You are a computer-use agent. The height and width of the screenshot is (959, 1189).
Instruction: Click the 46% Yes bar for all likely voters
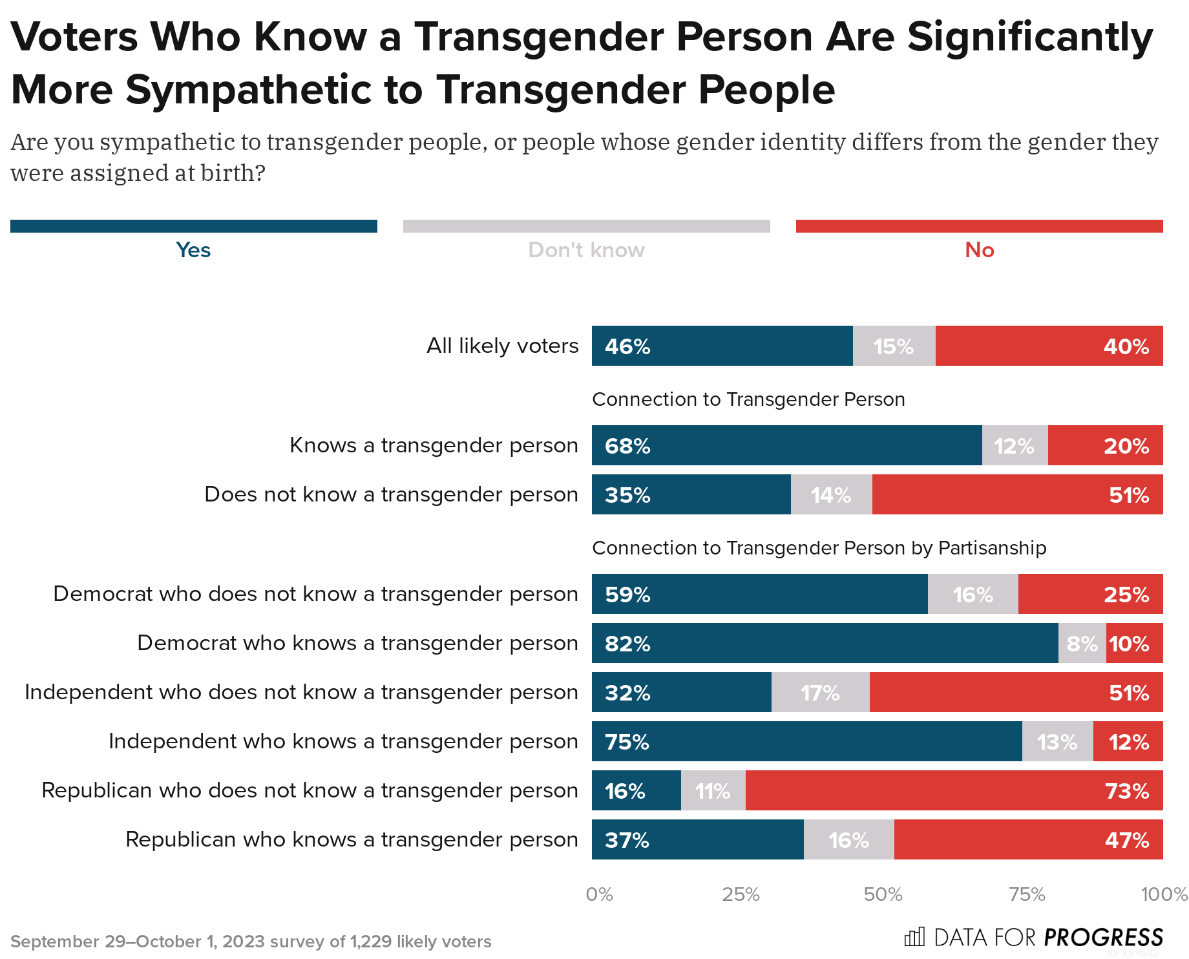(x=722, y=346)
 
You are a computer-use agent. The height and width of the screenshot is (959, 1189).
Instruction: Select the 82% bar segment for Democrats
(x=825, y=643)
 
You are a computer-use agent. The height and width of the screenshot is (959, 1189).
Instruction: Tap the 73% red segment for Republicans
(x=954, y=790)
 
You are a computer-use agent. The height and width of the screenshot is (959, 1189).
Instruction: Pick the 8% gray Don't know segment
(x=1082, y=643)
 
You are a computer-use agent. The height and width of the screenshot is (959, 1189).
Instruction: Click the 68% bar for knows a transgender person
(x=786, y=445)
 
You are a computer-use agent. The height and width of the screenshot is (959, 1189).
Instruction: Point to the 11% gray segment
(x=713, y=790)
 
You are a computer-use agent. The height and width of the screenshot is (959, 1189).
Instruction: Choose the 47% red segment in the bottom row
(x=1028, y=839)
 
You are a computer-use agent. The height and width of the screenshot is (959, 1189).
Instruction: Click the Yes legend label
(x=193, y=250)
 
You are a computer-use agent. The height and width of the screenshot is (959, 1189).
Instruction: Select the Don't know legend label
(x=586, y=250)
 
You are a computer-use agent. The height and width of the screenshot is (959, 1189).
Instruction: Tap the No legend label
(x=979, y=250)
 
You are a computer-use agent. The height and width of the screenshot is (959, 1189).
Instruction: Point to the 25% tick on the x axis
(x=741, y=894)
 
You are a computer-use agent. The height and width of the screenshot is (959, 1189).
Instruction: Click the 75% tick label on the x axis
(x=1027, y=894)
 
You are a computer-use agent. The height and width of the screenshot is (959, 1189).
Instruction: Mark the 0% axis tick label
(x=599, y=894)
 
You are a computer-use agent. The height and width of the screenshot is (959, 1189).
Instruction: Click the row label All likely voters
(x=502, y=346)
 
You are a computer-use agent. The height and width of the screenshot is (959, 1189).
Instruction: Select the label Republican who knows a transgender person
(x=352, y=839)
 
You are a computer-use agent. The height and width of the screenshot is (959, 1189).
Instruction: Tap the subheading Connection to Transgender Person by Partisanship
(x=819, y=548)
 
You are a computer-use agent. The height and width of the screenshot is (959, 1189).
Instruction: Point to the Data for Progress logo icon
(x=914, y=936)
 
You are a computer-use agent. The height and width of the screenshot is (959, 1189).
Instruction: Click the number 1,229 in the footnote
(x=370, y=942)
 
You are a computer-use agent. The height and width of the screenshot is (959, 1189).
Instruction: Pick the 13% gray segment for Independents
(x=1057, y=741)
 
